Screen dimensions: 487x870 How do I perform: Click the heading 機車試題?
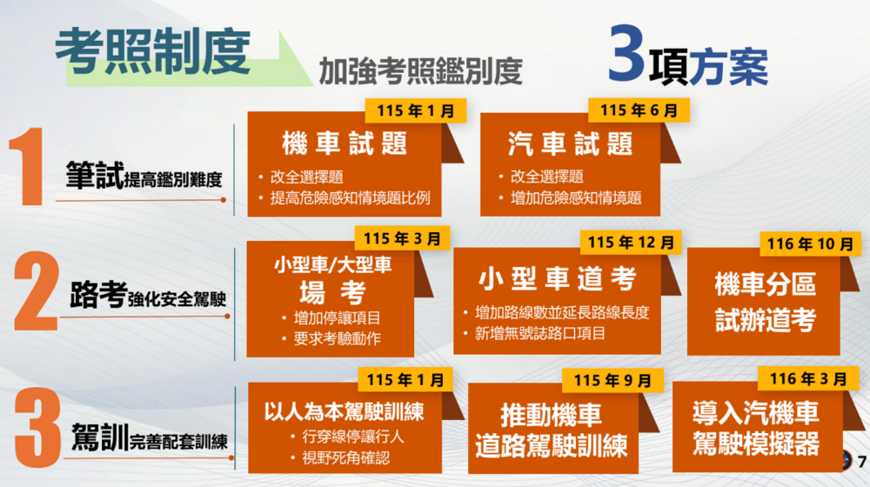click(x=345, y=144)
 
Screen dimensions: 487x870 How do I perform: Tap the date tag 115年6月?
click(x=639, y=110)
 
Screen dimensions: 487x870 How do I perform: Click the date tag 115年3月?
click(x=402, y=237)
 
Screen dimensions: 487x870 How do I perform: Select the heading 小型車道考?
click(x=558, y=279)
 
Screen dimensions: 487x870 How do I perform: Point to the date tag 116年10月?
click(x=809, y=244)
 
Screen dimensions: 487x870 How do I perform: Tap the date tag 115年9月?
click(x=612, y=380)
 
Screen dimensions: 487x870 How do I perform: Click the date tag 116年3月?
click(x=807, y=378)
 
